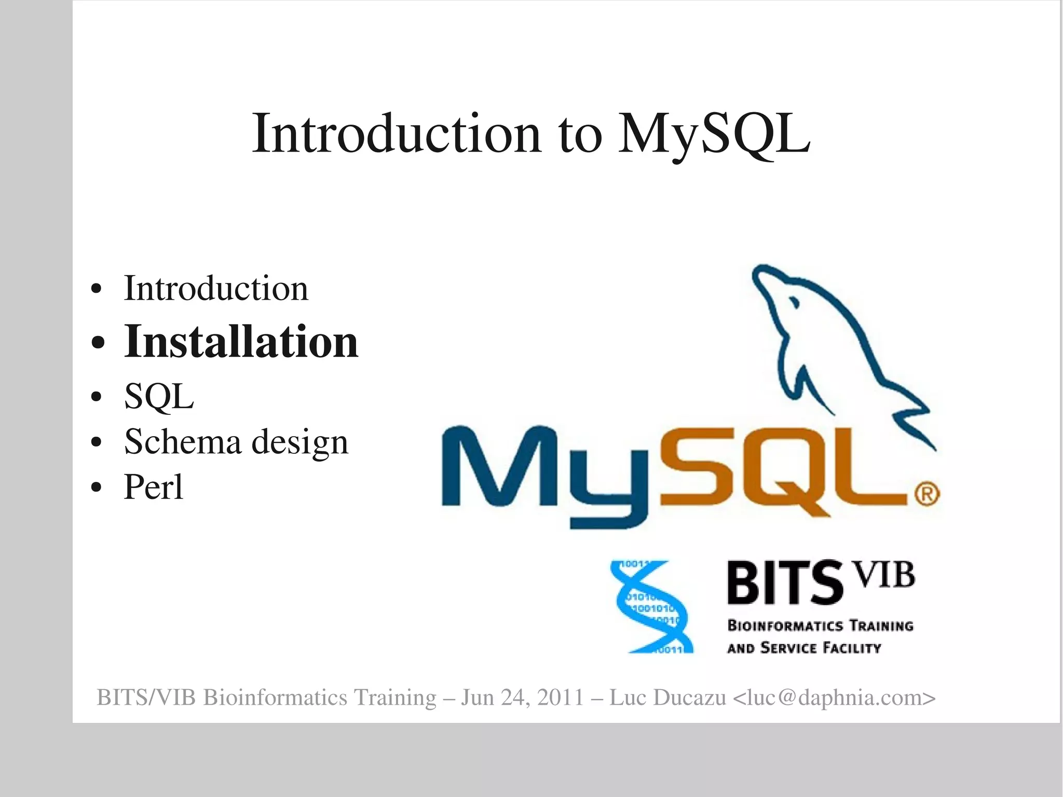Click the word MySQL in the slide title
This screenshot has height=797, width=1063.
coord(714,134)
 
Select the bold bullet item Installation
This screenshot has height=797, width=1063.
coord(241,342)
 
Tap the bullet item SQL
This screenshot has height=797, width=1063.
coord(159,397)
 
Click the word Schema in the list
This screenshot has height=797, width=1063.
coord(183,442)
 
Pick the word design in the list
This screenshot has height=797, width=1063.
coord(300,443)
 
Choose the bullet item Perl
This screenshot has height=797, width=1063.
coord(154,487)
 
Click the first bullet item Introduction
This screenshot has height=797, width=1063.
coord(216,289)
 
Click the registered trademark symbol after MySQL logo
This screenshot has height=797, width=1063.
coord(927,494)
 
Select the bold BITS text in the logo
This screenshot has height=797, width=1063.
coord(784,583)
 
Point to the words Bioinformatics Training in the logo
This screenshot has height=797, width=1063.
coord(820,626)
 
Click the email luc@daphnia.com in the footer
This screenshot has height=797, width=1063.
coord(835,698)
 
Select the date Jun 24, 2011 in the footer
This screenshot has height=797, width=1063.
coord(523,698)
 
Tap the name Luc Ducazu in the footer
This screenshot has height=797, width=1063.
coord(667,698)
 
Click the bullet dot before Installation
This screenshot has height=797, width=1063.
coord(98,343)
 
